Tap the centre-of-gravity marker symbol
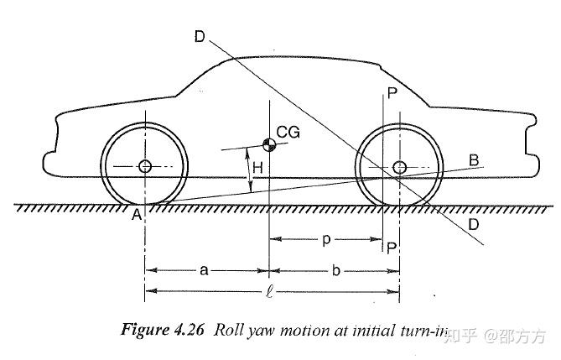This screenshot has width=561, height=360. (x=269, y=144)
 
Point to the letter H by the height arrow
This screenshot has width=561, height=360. (x=257, y=169)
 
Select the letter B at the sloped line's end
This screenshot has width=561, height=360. (x=474, y=159)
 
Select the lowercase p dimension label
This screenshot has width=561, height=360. (x=325, y=240)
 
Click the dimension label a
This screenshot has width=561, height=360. (x=205, y=270)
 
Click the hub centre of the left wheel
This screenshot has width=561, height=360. (x=144, y=166)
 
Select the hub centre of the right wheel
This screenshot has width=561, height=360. (x=399, y=166)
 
